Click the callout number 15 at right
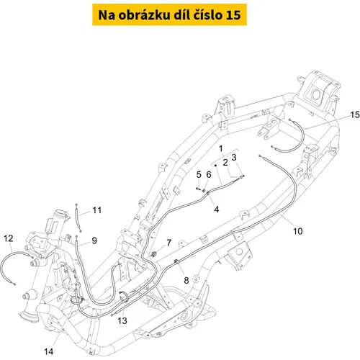355,114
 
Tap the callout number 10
298,231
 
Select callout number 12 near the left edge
9,238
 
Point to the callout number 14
49,352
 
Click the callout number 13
122,320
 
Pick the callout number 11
97,210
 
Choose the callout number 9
94,240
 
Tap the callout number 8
186,280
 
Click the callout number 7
169,243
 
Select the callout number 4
217,210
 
